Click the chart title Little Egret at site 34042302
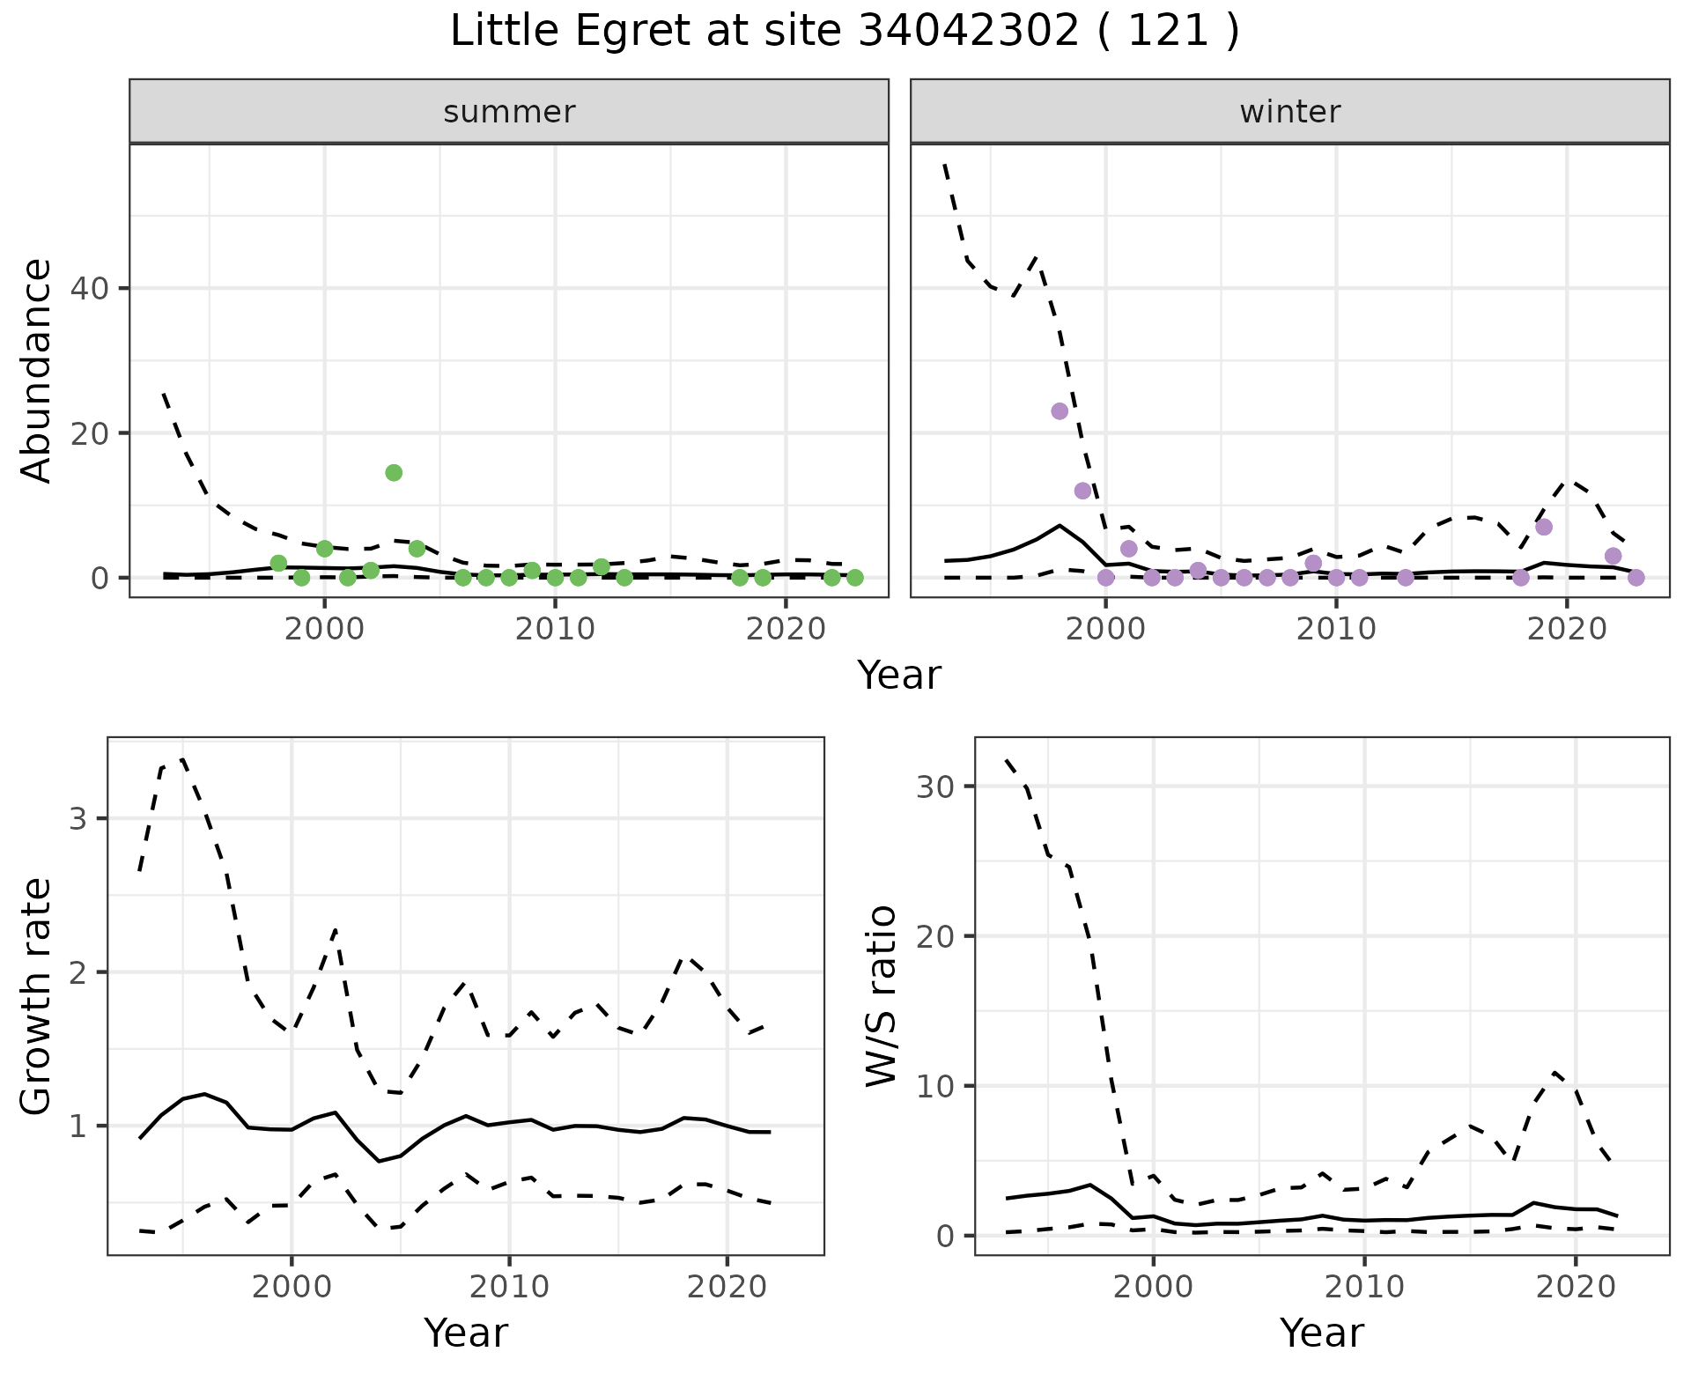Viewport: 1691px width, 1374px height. click(844, 32)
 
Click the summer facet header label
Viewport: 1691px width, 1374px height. click(509, 112)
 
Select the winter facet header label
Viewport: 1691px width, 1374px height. click(1289, 112)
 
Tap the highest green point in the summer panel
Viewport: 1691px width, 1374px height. click(394, 473)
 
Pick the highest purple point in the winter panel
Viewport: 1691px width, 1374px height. click(1060, 411)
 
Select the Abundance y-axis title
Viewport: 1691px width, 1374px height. click(37, 370)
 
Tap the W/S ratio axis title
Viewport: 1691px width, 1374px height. click(882, 995)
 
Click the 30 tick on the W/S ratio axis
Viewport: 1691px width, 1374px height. click(937, 787)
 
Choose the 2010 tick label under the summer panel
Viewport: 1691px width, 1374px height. click(555, 630)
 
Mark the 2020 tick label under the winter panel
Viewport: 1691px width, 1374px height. click(1567, 630)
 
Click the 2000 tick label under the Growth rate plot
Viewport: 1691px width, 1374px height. click(292, 1287)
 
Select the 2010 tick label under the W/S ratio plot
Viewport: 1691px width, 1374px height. click(1364, 1287)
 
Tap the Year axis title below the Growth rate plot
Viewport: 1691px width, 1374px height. click(466, 1333)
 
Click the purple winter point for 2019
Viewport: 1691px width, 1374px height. click(1544, 528)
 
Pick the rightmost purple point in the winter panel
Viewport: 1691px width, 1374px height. click(1636, 578)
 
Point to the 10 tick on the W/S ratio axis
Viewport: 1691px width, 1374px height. click(937, 1086)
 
